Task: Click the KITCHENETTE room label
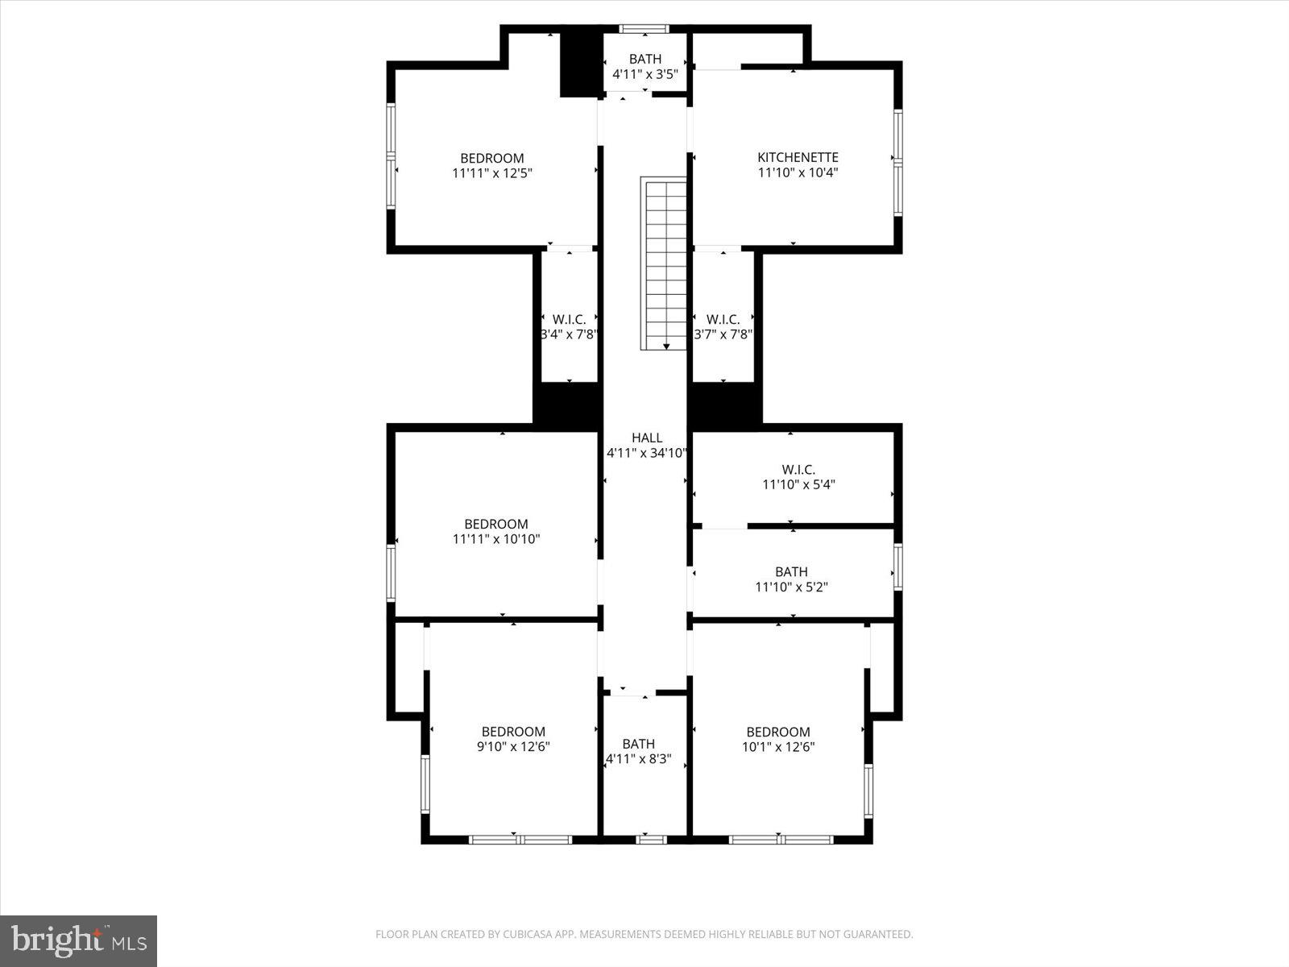tap(798, 158)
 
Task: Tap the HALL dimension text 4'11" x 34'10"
tap(646, 453)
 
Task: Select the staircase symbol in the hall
tap(664, 263)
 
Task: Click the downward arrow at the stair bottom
tap(666, 346)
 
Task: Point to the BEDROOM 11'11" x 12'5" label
tap(491, 165)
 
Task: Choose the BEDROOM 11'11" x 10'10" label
tap(495, 531)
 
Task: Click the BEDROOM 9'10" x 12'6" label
tap(513, 739)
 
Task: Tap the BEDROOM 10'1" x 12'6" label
tap(777, 739)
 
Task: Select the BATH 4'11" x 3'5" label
tap(644, 66)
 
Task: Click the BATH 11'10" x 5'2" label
tap(791, 579)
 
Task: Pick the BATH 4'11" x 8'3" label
tap(638, 751)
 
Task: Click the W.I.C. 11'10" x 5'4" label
tap(798, 476)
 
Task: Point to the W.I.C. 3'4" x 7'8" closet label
tap(569, 326)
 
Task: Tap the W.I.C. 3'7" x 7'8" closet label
tap(723, 326)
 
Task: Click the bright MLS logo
tap(78, 940)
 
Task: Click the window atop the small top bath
tap(644, 29)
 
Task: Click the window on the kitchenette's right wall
tap(897, 162)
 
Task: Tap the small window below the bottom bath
tap(651, 840)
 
